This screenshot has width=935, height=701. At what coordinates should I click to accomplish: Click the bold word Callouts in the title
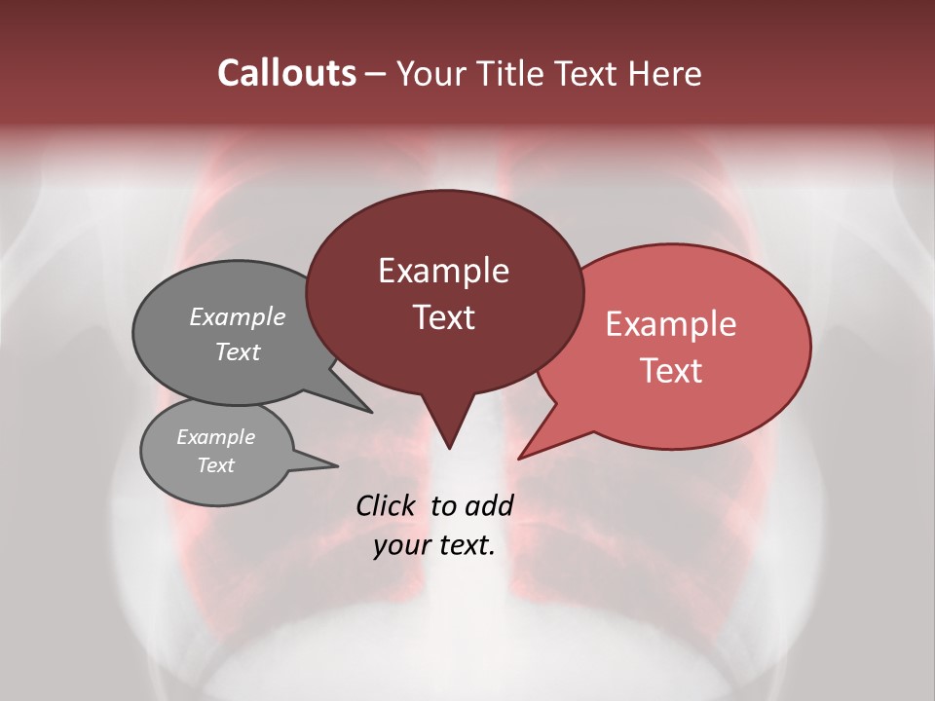click(287, 73)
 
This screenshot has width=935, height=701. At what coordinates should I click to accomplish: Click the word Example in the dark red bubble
click(443, 271)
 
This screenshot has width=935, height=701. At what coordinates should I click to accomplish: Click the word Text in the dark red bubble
click(443, 317)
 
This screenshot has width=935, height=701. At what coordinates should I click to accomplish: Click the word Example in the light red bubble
click(671, 324)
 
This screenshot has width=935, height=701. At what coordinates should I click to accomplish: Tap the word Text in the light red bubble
click(671, 371)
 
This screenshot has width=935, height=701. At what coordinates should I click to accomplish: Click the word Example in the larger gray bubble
click(238, 316)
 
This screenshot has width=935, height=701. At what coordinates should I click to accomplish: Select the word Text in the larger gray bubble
click(238, 351)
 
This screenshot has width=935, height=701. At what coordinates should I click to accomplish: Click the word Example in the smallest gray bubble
click(215, 437)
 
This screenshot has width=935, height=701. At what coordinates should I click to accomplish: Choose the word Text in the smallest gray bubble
click(215, 465)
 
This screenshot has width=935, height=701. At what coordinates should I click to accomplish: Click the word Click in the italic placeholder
click(388, 505)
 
